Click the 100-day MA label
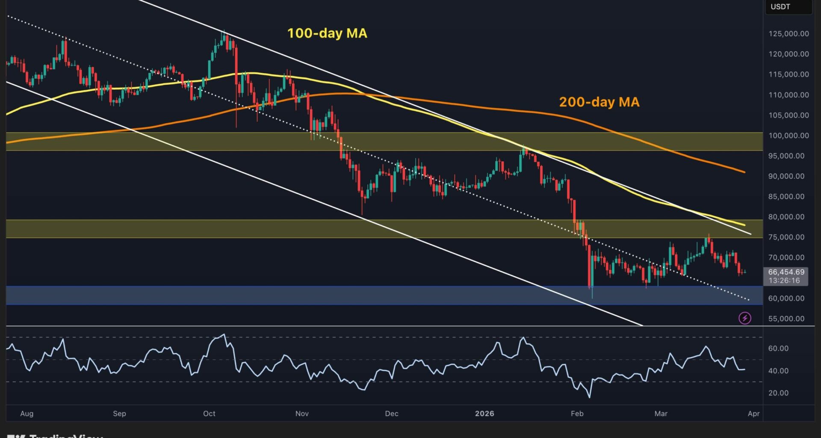(327, 33)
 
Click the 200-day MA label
(599, 102)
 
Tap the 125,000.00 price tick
(789, 34)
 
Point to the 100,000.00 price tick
(789, 136)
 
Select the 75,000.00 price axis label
(786, 237)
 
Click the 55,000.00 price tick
(786, 319)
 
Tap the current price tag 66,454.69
(786, 272)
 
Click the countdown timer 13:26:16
(784, 281)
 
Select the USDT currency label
(780, 7)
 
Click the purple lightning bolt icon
(745, 318)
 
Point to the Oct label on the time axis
(209, 414)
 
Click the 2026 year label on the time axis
(484, 414)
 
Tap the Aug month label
(27, 414)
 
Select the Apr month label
(753, 414)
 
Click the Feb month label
(577, 414)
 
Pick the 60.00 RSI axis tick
(778, 349)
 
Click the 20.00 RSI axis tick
(778, 393)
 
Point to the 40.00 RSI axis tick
(778, 371)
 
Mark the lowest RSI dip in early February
(590, 397)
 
